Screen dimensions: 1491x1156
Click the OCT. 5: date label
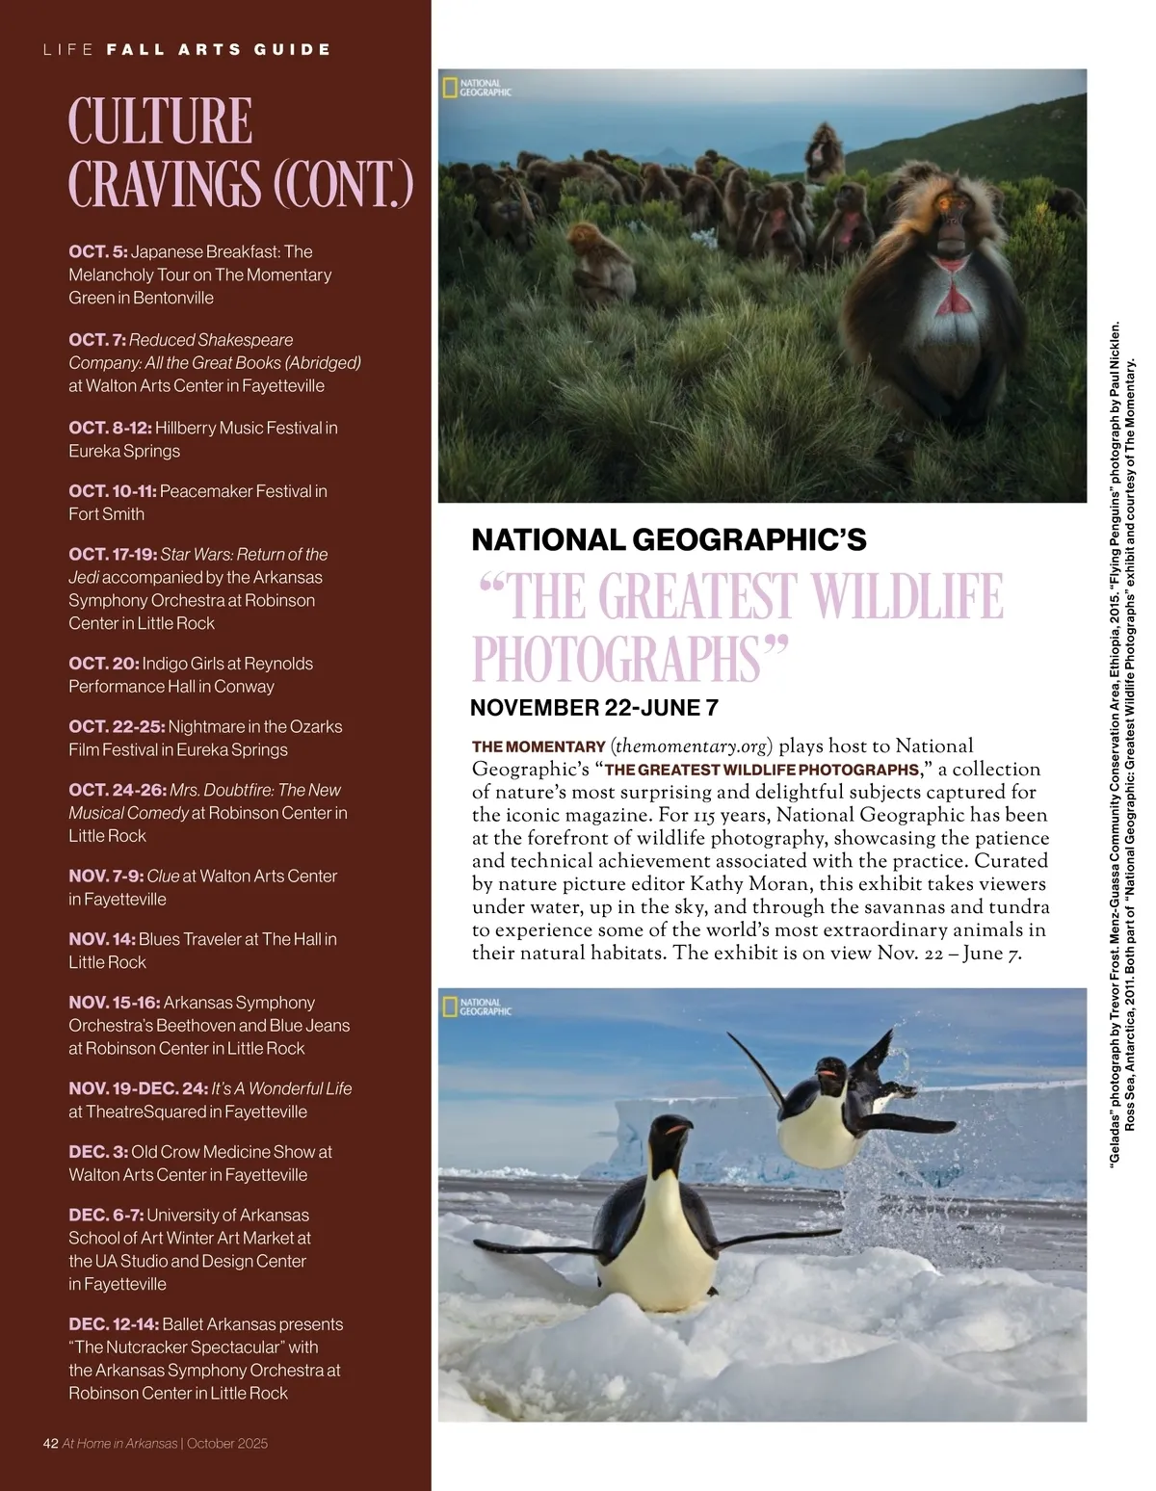coord(97,252)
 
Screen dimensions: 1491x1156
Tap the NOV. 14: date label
coord(102,939)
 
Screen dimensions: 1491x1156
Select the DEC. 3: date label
coord(97,1152)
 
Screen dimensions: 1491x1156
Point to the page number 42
coord(51,1444)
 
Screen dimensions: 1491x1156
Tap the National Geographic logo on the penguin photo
coord(477,1007)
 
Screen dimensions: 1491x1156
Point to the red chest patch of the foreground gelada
coord(953,299)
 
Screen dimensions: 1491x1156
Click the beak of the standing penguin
coord(680,1128)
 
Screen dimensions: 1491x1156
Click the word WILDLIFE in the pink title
coord(906,597)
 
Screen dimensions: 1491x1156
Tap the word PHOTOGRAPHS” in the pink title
coord(630,659)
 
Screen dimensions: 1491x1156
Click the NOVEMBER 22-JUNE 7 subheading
coord(594,708)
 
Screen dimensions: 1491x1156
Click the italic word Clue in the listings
coord(163,876)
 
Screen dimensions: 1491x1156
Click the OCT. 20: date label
coord(103,664)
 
